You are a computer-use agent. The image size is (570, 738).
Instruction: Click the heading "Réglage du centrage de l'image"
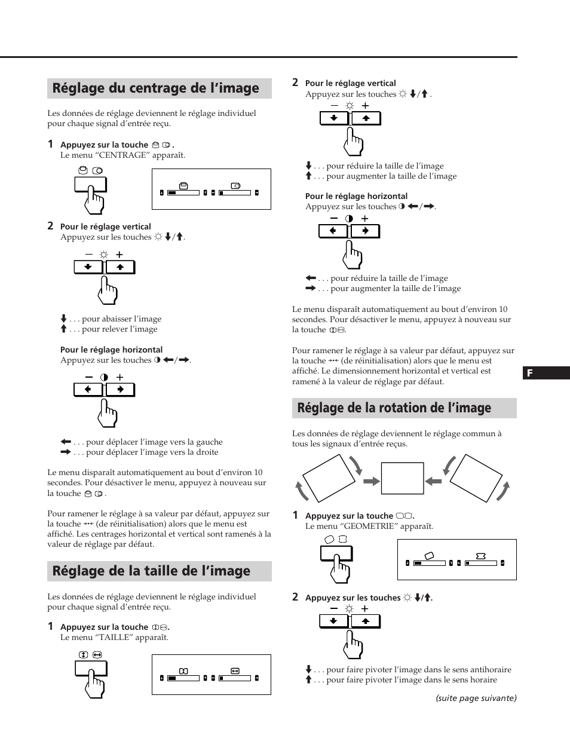(156, 88)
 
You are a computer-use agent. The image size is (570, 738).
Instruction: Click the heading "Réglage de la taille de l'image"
(151, 571)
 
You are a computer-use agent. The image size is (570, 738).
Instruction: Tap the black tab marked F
(546, 373)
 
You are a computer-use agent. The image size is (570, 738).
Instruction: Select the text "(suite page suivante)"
(476, 698)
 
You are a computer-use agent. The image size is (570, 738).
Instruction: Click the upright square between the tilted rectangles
(398, 477)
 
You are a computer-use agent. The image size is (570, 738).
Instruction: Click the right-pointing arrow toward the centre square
(372, 481)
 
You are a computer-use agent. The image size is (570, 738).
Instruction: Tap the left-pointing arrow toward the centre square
(433, 481)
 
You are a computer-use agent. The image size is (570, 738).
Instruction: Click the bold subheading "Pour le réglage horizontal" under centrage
(111, 350)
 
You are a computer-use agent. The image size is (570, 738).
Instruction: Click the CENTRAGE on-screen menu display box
(212, 189)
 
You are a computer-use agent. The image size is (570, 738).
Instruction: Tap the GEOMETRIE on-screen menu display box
(456, 559)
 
